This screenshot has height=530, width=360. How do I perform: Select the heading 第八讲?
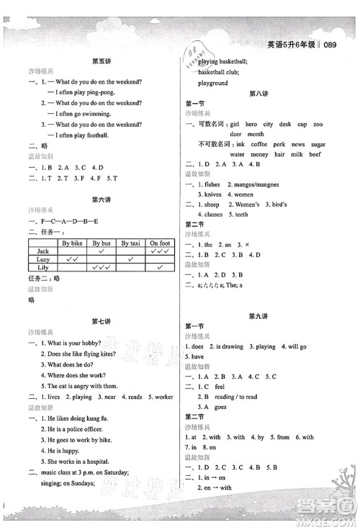point(258,94)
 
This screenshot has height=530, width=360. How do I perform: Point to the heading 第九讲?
point(258,316)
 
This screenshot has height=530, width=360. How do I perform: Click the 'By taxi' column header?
point(131,243)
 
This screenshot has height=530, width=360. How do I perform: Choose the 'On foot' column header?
point(160,243)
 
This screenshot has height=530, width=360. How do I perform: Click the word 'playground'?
point(213,84)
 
